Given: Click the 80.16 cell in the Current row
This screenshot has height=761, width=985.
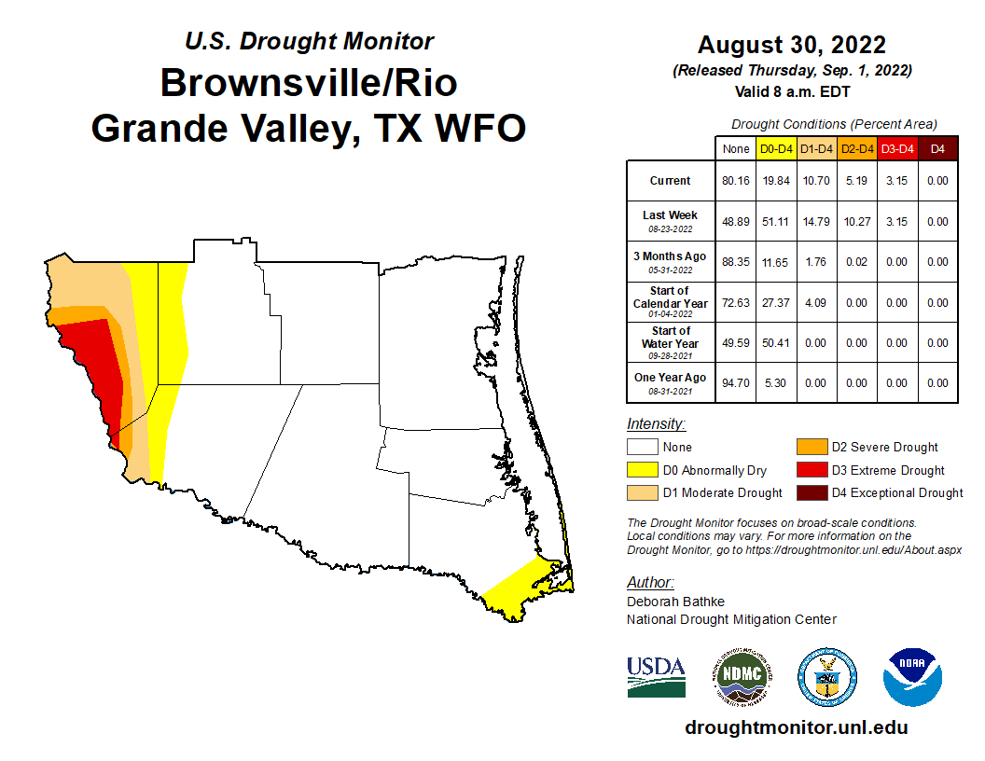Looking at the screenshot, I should click(734, 181).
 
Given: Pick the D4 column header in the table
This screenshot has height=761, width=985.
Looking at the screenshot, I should click(937, 148).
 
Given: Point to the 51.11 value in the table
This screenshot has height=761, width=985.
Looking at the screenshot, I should click(776, 222).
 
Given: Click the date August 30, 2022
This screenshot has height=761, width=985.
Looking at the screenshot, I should click(791, 45).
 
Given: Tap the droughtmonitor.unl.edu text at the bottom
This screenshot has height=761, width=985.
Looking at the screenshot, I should click(796, 727).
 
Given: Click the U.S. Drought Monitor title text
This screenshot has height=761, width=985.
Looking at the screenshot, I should click(309, 41).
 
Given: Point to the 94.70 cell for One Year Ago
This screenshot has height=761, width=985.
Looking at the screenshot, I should click(734, 382).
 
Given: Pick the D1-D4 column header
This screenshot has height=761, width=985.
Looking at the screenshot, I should click(817, 148).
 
